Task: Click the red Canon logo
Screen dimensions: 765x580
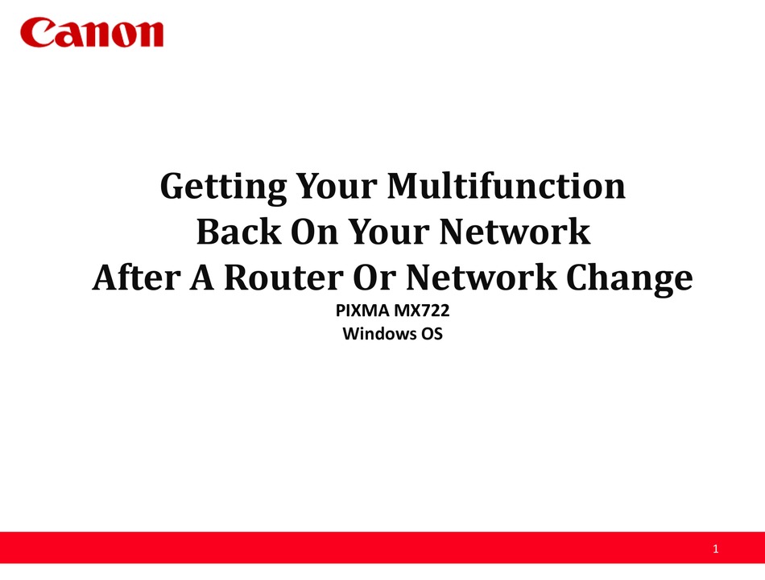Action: pos(92,33)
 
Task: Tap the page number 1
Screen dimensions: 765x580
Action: pos(715,549)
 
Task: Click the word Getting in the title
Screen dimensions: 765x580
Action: pos(223,187)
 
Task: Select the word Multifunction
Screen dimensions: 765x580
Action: pos(506,186)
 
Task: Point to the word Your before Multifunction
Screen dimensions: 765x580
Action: pos(337,186)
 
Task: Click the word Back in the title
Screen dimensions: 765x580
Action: pos(238,231)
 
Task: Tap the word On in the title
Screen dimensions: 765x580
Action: pos(314,232)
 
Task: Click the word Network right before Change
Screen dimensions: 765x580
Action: pos(481,278)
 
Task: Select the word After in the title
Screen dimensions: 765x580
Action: pos(136,278)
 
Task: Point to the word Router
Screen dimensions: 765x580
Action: pos(283,278)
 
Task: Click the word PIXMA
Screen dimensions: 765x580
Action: pos(362,311)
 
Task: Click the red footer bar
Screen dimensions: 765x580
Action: pos(382,548)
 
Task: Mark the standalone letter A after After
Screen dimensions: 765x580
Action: pos(202,278)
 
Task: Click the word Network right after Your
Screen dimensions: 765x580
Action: pos(515,232)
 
